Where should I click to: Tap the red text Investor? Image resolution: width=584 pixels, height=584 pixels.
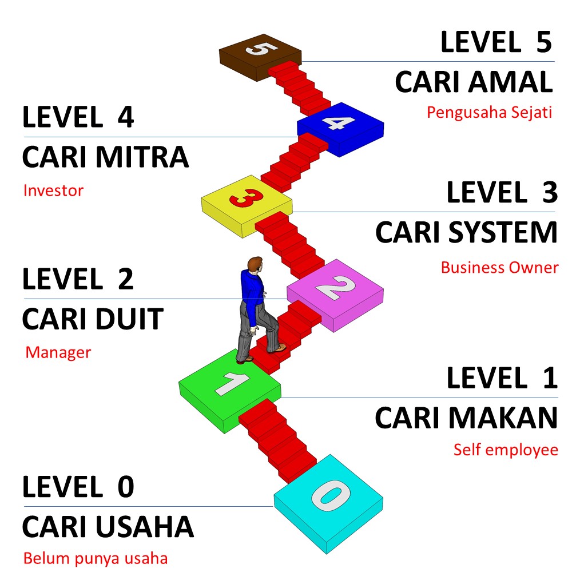pyautogui.click(x=53, y=190)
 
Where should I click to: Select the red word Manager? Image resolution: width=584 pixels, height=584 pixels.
pyautogui.click(x=58, y=352)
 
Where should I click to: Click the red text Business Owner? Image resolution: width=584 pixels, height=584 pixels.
pyautogui.click(x=499, y=267)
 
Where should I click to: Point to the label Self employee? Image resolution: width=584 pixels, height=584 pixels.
pyautogui.click(x=506, y=450)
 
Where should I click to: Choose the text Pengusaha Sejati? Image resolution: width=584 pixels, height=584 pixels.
pyautogui.click(x=489, y=112)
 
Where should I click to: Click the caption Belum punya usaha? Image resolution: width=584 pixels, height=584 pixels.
pyautogui.click(x=96, y=558)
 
